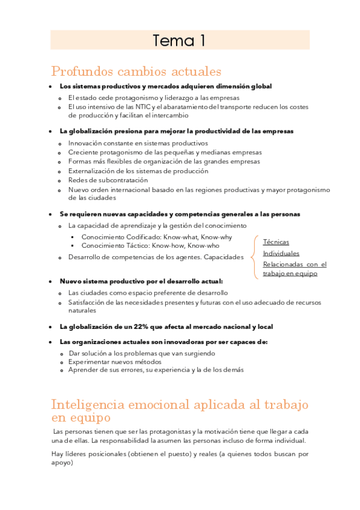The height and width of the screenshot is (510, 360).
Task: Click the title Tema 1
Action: [x=179, y=40]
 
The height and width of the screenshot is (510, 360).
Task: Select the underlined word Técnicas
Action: [x=276, y=242]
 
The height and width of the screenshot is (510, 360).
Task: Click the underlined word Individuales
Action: [x=281, y=253]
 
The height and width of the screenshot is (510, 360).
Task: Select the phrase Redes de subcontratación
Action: [x=108, y=180]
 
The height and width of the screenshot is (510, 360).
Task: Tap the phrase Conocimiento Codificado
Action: [x=119, y=236]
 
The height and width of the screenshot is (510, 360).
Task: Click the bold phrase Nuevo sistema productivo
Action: [x=100, y=281]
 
